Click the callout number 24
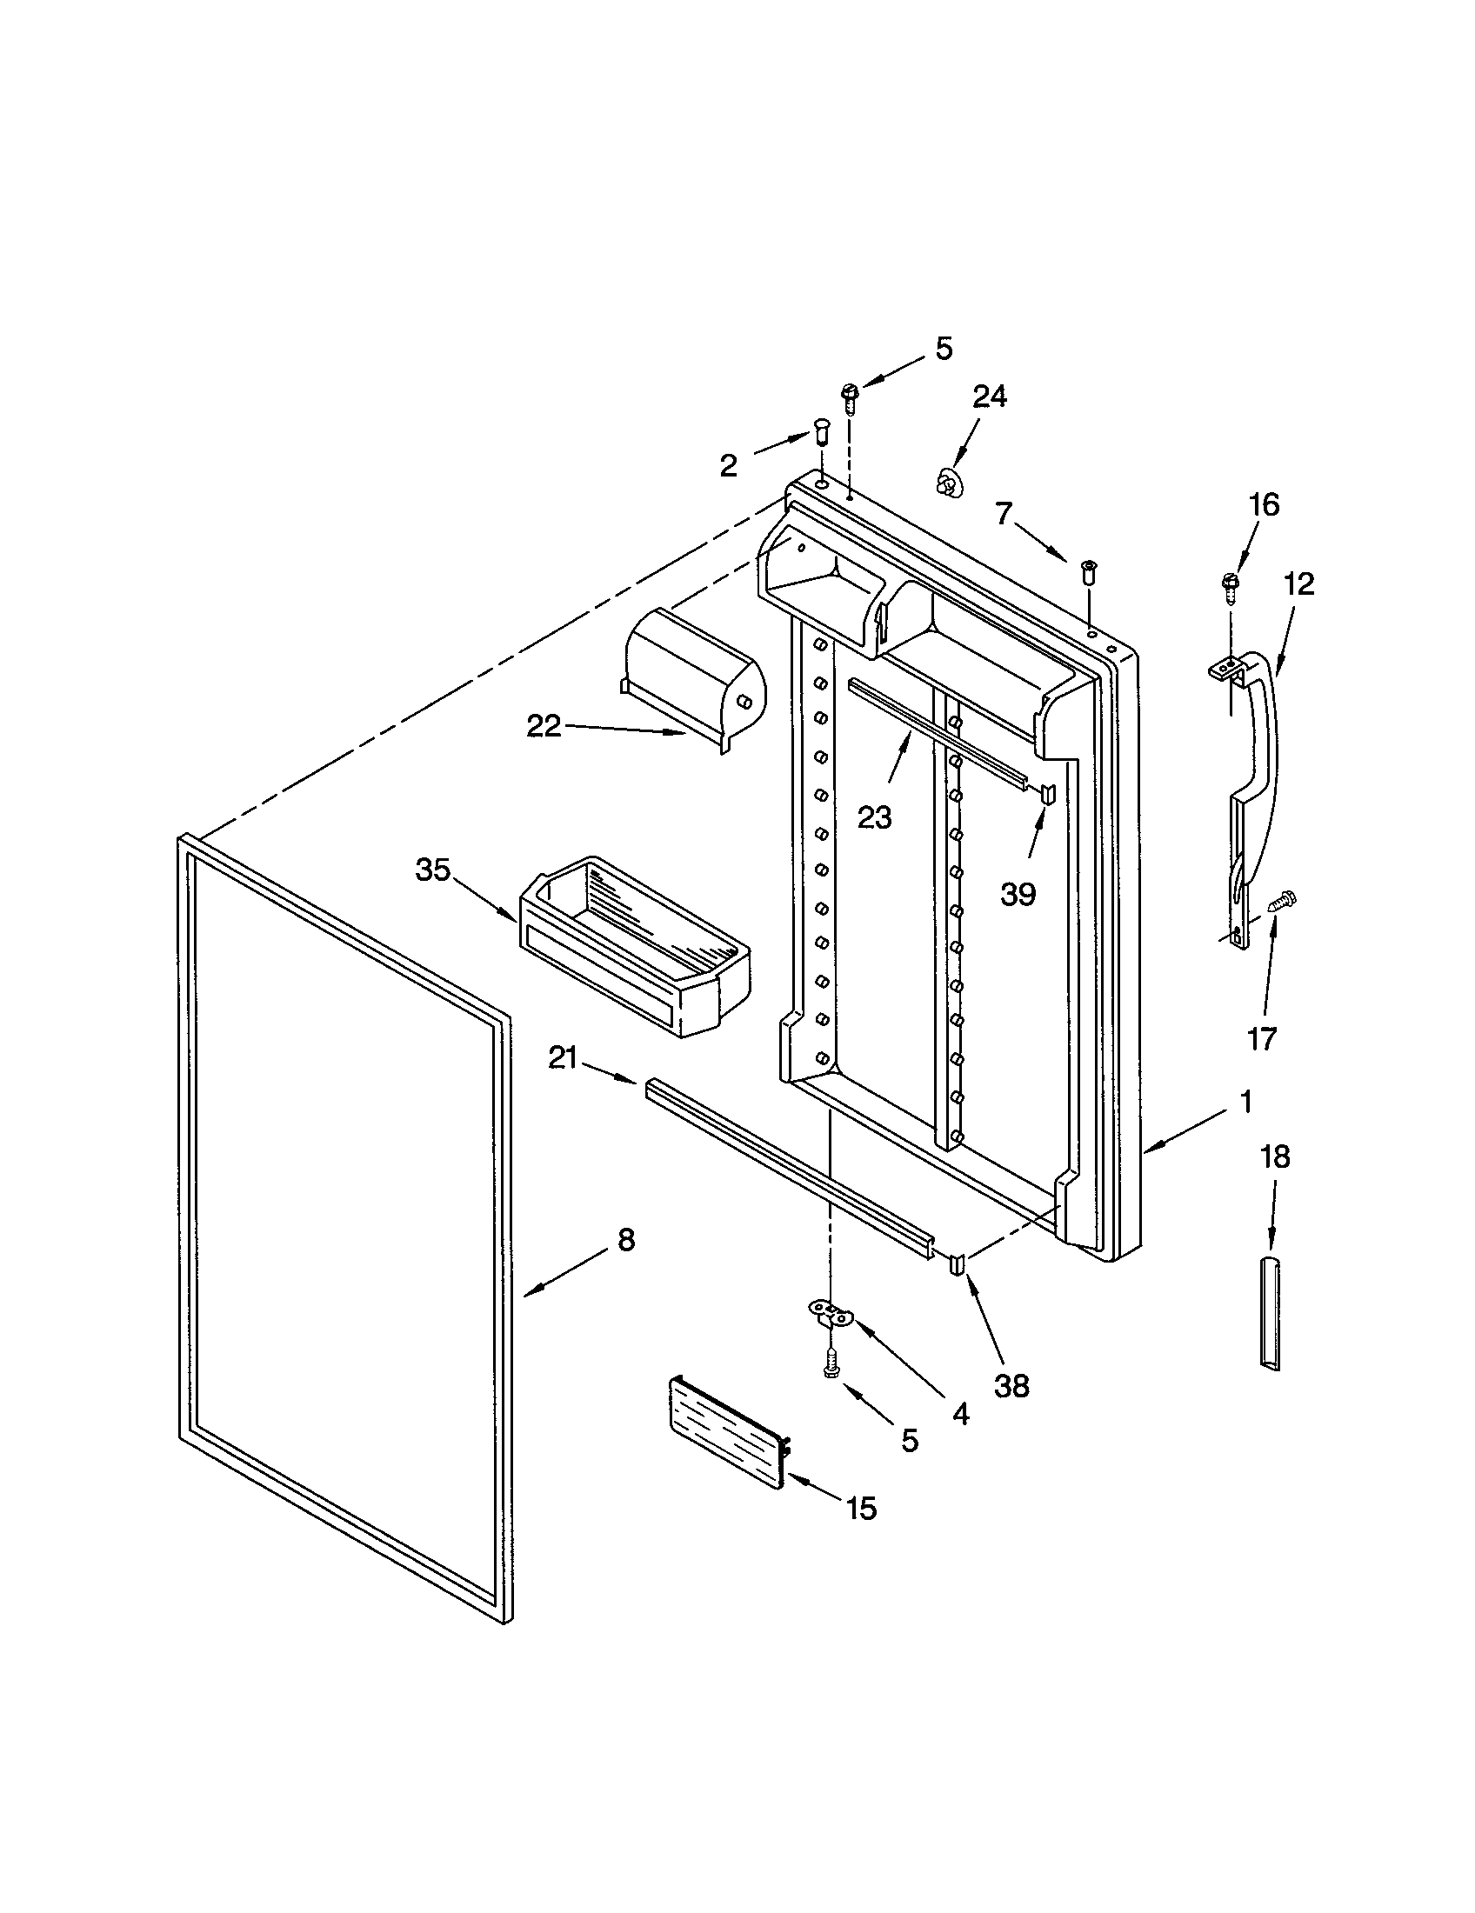pyautogui.click(x=989, y=397)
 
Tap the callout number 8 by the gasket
pyautogui.click(x=625, y=1239)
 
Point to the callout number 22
pyautogui.click(x=543, y=725)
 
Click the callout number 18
pyautogui.click(x=1274, y=1157)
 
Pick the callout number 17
pyautogui.click(x=1262, y=1038)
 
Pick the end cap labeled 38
pyautogui.click(x=958, y=1265)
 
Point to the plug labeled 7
pyautogui.click(x=1090, y=570)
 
